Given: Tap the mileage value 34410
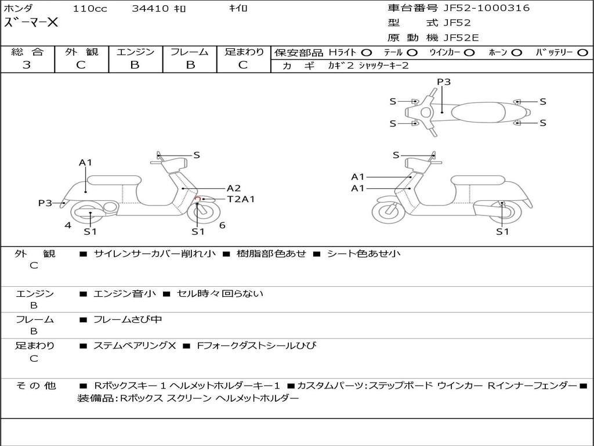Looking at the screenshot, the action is [150, 9].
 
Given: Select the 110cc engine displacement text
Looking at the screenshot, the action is [85, 9].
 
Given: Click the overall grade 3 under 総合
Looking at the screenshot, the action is [27, 65].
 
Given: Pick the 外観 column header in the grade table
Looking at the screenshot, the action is [81, 52].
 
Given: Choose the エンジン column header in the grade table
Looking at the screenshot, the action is [135, 52].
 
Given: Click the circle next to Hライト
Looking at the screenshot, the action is [367, 53].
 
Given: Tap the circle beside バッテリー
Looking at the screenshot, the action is [582, 53].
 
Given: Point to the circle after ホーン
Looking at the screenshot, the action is [516, 53].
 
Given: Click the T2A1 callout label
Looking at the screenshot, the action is [241, 199].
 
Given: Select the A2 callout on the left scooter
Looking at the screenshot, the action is [233, 188].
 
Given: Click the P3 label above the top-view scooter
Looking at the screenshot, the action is [444, 82].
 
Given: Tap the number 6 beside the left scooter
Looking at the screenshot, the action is [222, 225].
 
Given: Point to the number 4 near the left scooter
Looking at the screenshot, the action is [68, 225].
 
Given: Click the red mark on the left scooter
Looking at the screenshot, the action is [197, 199].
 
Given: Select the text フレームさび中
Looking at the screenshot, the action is [128, 319].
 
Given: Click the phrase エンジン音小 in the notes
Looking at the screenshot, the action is [124, 294].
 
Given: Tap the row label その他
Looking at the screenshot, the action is [35, 386].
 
